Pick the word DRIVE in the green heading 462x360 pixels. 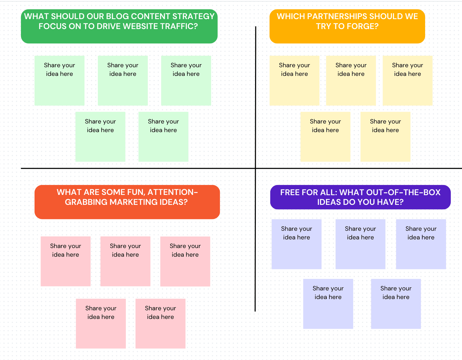coord(109,26)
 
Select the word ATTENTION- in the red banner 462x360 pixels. coord(173,192)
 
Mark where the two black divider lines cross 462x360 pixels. coord(255,168)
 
